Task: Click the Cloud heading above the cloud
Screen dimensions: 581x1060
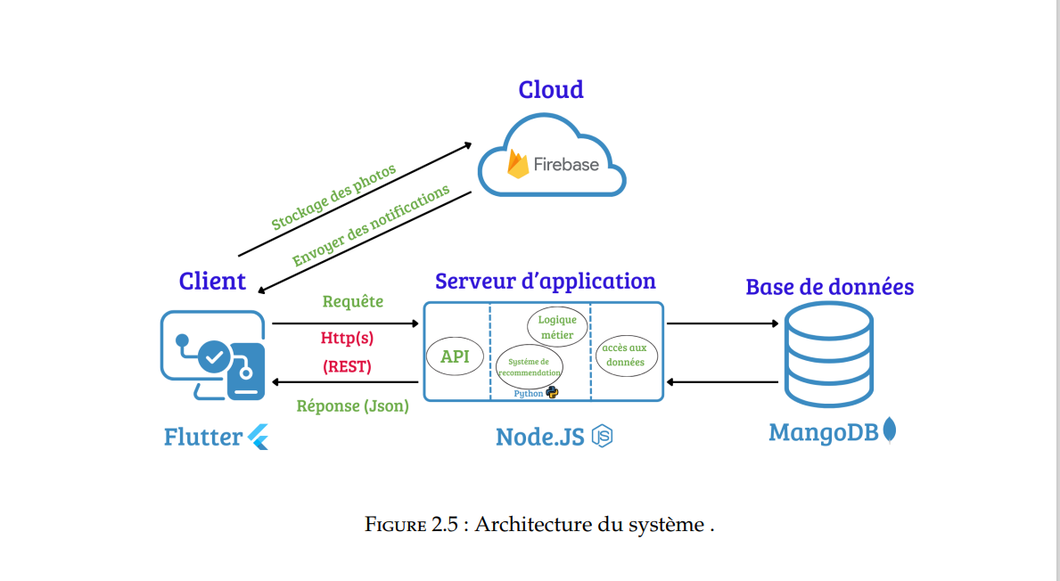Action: coord(551,89)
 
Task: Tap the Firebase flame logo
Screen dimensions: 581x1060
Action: coord(518,164)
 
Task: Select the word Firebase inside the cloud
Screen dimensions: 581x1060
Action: coord(566,164)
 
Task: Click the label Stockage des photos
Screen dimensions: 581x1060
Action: coord(333,197)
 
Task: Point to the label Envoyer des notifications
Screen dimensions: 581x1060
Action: coord(371,227)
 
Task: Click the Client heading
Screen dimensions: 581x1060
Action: coord(212,281)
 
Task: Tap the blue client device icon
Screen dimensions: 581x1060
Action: coord(213,356)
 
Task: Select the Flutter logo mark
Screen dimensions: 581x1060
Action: coord(259,437)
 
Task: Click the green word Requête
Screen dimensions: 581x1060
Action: coord(353,301)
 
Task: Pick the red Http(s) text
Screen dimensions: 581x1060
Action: coord(347,338)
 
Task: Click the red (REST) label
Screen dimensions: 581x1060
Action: coord(347,366)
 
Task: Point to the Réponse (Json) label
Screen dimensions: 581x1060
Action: coord(352,405)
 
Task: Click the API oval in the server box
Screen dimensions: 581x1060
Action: coord(455,357)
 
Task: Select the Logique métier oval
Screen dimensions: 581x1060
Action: coord(557,327)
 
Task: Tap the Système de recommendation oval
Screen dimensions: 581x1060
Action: coord(530,366)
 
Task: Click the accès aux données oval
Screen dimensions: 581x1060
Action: coord(625,356)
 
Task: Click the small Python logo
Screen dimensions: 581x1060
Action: coord(552,392)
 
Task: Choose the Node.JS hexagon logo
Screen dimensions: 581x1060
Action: coord(604,437)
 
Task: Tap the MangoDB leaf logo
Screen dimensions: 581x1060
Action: coord(889,431)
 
